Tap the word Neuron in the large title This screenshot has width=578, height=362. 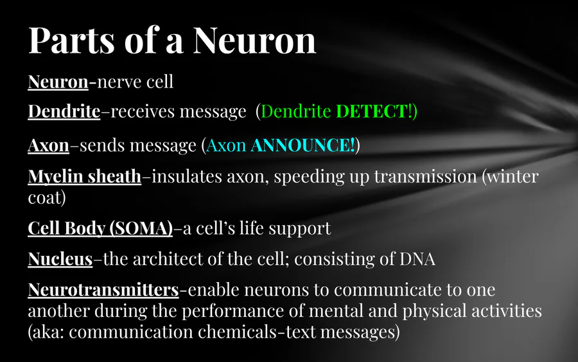[x=254, y=41]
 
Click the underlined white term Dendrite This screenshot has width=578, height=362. [x=64, y=111]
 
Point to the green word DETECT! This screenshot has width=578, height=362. [x=374, y=111]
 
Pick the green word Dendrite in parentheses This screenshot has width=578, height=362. [x=295, y=111]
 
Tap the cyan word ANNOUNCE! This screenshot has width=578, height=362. [x=302, y=145]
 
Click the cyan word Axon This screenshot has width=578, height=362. [x=226, y=145]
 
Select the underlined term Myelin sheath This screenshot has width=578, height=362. [x=84, y=177]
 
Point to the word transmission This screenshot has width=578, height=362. [x=425, y=177]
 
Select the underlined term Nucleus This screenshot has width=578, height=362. [x=60, y=259]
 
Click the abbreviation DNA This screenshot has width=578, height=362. [x=417, y=259]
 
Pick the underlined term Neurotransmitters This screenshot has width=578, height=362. [x=103, y=290]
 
